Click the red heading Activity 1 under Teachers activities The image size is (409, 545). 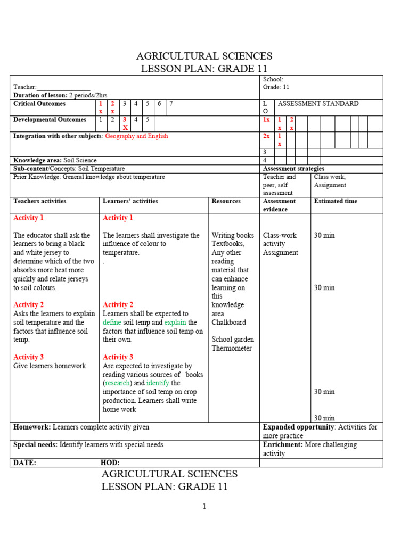pyautogui.click(x=28, y=218)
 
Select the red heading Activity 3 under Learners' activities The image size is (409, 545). pyautogui.click(x=118, y=357)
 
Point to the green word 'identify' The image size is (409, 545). pyautogui.click(x=158, y=383)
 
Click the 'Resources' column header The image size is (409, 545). pyautogui.click(x=226, y=201)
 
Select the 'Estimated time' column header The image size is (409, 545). pyautogui.click(x=336, y=201)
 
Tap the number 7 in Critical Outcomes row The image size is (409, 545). pyautogui.click(x=171, y=104)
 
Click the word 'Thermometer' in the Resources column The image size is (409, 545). pyautogui.click(x=232, y=349)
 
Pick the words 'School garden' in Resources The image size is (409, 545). pyautogui.click(x=233, y=340)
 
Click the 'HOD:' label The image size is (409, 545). pyautogui.click(x=110, y=463)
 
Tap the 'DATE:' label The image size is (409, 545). pyautogui.click(x=24, y=463)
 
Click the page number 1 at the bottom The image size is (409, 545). pyautogui.click(x=204, y=506)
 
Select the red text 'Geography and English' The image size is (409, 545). pyautogui.click(x=136, y=136)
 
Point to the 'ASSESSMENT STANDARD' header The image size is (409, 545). pyautogui.click(x=318, y=104)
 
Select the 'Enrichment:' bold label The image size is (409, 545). pyautogui.click(x=283, y=444)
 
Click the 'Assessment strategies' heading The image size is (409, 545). pyautogui.click(x=293, y=169)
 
